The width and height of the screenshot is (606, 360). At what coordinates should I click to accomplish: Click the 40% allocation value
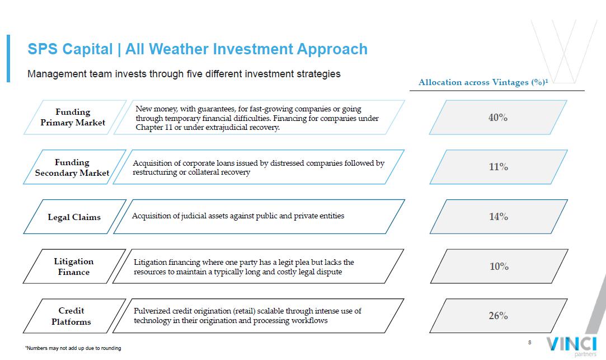tap(498, 117)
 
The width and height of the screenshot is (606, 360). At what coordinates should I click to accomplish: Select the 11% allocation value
tap(498, 167)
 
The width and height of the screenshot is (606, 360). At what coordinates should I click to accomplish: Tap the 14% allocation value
tap(499, 217)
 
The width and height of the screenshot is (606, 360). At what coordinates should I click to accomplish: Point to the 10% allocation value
tap(499, 267)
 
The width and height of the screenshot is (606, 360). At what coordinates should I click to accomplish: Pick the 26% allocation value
tap(498, 316)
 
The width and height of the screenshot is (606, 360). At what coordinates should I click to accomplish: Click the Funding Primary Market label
tap(73, 117)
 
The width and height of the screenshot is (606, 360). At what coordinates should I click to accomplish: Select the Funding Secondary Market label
tap(72, 167)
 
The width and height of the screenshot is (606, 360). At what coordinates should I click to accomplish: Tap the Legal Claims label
tap(74, 217)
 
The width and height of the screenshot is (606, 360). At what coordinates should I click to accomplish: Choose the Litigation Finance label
tap(73, 267)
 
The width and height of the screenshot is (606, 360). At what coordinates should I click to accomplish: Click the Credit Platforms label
tap(71, 316)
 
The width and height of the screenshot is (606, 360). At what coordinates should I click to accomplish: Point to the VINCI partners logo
tap(572, 345)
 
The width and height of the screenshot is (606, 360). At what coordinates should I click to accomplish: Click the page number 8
tap(529, 342)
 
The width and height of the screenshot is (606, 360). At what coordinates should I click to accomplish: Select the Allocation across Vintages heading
tap(483, 82)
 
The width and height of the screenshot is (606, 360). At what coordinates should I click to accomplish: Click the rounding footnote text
tap(73, 348)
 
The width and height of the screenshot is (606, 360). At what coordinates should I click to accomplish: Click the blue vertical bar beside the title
tap(8, 58)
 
